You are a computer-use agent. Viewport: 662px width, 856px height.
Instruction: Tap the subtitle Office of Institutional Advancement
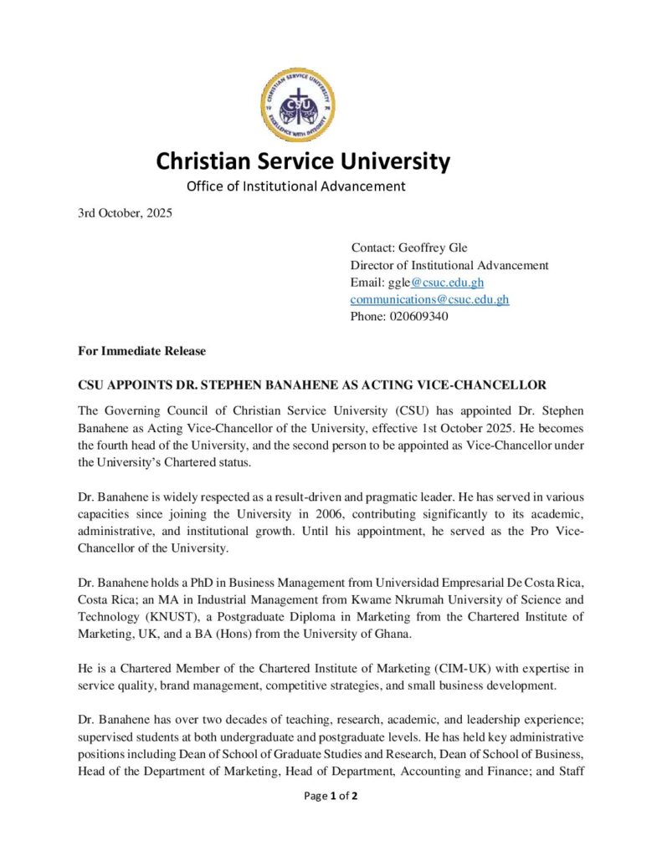pyautogui.click(x=295, y=186)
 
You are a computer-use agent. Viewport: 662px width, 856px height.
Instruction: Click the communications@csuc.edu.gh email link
pyautogui.click(x=429, y=299)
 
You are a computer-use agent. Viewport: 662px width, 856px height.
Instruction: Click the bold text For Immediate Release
pyautogui.click(x=141, y=351)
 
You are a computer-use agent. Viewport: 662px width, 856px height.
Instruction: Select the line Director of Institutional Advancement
pyautogui.click(x=449, y=265)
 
